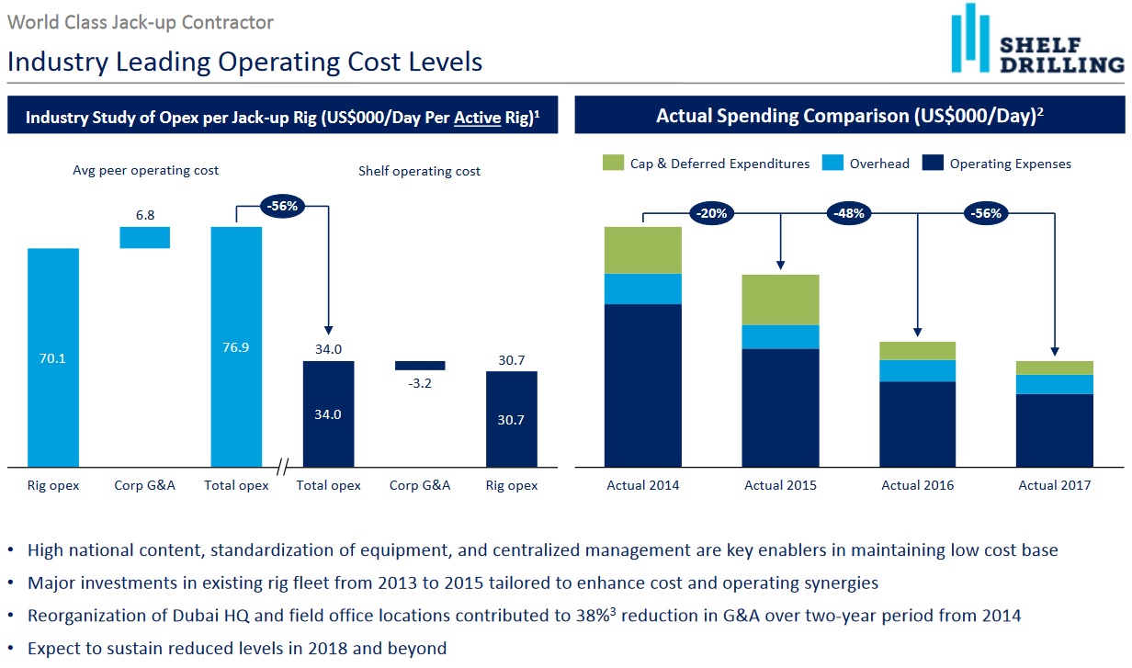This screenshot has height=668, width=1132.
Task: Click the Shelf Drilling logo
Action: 1036,41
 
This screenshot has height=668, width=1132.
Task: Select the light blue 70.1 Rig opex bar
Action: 53,358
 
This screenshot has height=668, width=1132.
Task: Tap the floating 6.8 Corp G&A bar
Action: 145,237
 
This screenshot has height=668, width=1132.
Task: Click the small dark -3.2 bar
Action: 420,365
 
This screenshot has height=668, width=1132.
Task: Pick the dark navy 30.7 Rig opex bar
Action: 512,419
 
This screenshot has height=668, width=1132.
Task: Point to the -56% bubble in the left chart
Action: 283,206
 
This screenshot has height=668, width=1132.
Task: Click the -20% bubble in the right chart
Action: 712,213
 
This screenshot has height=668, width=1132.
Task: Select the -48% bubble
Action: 850,213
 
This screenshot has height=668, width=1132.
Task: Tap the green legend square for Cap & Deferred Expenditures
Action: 612,164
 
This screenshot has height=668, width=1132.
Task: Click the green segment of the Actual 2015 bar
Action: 781,300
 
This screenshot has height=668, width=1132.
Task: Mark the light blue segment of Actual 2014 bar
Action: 643,289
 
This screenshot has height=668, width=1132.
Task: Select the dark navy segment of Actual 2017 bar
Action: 1055,430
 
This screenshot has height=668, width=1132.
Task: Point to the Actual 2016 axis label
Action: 918,485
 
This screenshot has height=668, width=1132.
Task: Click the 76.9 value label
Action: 236,347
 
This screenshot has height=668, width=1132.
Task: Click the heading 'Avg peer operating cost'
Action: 146,170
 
